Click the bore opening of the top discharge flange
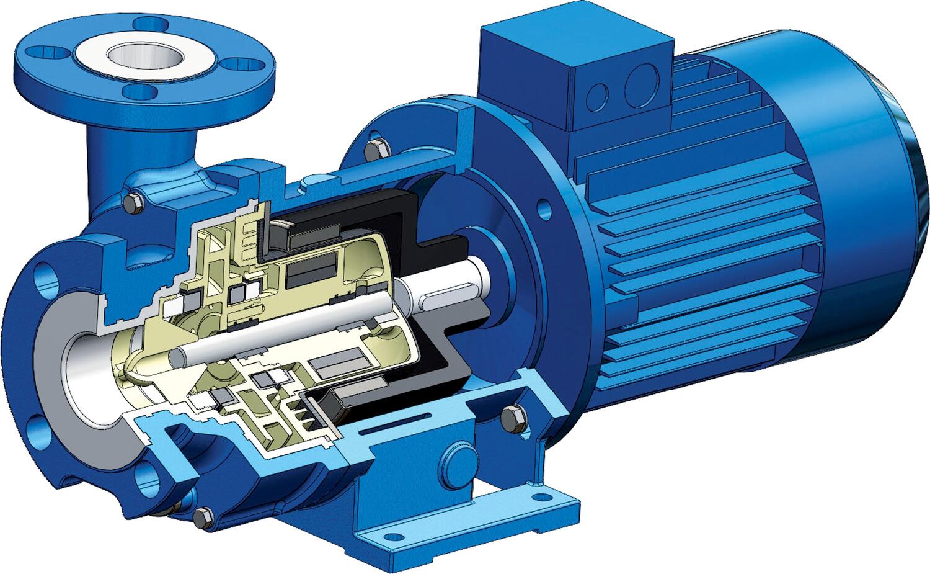pos(143,58)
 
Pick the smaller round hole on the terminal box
pos(597,96)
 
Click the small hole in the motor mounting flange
pos(544,205)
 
